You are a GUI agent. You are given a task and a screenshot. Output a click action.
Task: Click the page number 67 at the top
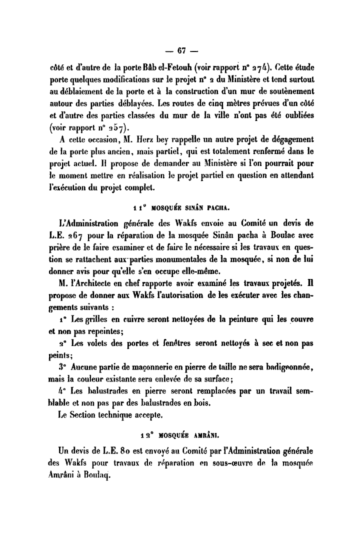(x=181, y=50)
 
